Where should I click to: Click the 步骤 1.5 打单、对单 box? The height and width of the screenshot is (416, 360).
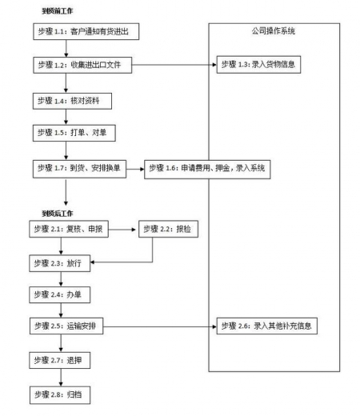pos(73,130)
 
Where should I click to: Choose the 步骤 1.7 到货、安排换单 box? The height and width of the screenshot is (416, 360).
pos(80,169)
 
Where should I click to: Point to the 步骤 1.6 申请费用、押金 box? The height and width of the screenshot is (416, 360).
pos(210,169)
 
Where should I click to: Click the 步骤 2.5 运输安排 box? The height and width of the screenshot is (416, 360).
pos(73,326)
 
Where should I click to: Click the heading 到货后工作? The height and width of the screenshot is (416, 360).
pos(56,213)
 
